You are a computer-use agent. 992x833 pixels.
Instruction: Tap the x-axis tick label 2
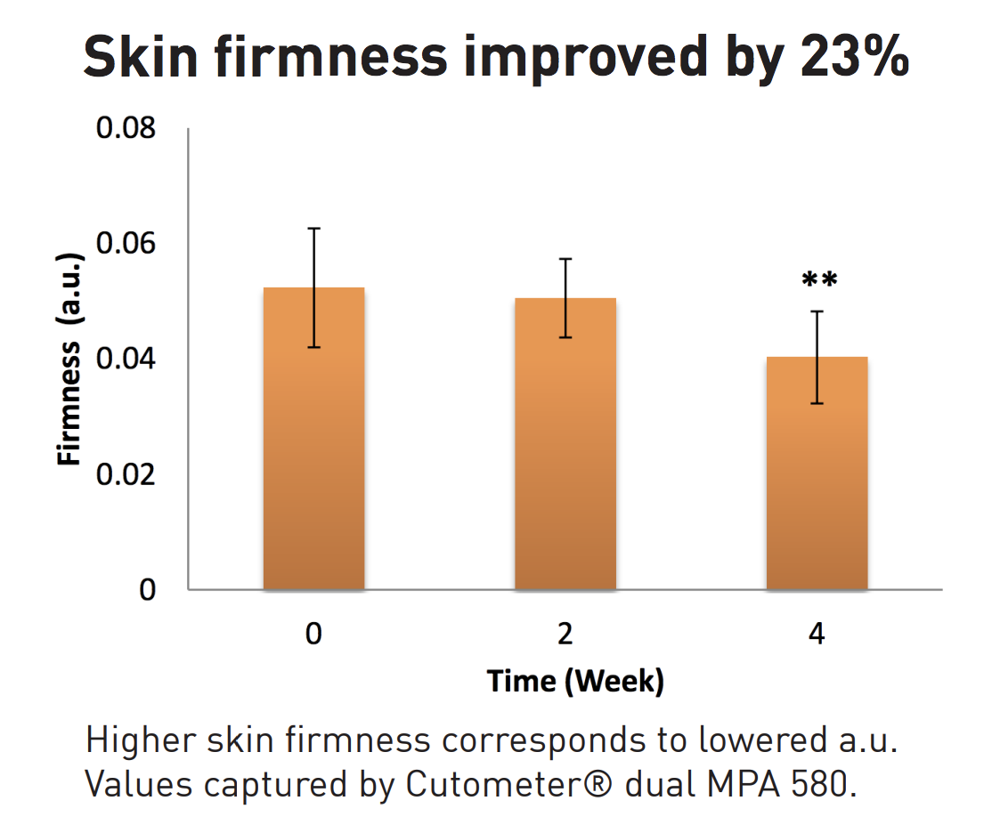pyautogui.click(x=565, y=635)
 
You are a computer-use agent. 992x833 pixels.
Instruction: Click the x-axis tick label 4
pyautogui.click(x=817, y=635)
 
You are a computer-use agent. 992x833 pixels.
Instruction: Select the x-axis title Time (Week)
pyautogui.click(x=575, y=682)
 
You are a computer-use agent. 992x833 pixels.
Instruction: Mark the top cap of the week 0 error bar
pyautogui.click(x=313, y=229)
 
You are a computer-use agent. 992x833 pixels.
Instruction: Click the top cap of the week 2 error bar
pyautogui.click(x=565, y=259)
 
